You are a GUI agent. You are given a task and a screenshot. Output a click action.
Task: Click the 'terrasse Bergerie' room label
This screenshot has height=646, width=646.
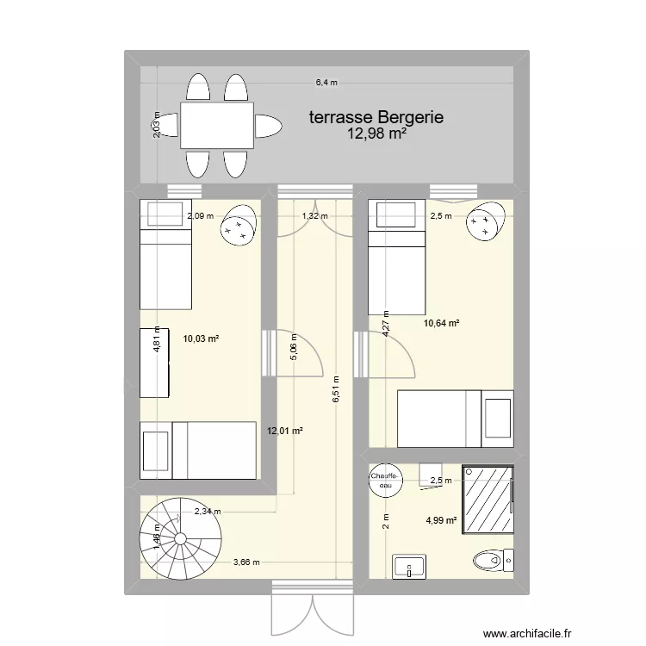376,117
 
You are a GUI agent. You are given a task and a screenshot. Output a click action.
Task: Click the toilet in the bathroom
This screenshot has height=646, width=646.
494,561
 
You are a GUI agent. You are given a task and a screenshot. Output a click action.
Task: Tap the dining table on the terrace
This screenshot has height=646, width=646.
217,126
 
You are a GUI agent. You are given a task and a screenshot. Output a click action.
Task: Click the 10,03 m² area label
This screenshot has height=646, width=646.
200,340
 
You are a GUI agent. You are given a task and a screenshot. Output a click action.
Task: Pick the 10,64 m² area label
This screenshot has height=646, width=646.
440,324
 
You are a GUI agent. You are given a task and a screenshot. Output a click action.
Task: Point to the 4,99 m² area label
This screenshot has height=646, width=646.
440,519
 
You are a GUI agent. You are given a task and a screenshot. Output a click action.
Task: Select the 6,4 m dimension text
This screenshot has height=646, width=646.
326,84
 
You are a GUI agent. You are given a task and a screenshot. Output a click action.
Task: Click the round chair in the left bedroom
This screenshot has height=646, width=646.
238,226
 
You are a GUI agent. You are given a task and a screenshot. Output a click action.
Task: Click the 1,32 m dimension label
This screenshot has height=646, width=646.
314,216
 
